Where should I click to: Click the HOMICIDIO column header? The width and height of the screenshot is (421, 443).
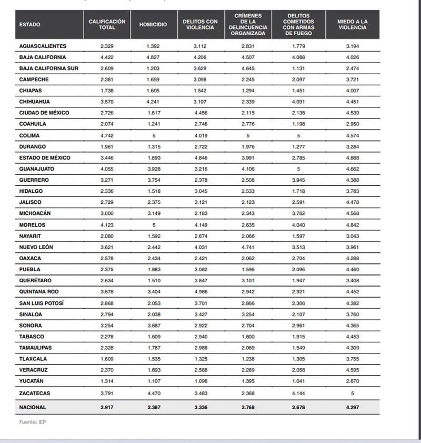point(153,25)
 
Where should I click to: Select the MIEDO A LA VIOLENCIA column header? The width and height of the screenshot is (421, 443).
point(352,25)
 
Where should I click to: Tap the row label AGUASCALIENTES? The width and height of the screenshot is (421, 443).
point(43,46)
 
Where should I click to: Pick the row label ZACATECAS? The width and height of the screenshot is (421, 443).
point(34,393)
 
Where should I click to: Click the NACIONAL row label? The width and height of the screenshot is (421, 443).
point(33,407)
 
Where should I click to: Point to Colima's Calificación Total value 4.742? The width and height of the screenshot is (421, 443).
point(107,135)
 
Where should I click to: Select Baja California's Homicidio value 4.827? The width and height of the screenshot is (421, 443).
point(153,57)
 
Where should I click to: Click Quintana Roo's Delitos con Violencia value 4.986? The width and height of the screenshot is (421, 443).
point(199,292)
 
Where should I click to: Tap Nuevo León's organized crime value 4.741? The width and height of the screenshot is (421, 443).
point(248,247)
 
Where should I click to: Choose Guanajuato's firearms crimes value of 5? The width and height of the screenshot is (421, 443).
point(299,169)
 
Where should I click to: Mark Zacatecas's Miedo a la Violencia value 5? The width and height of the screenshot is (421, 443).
point(352,393)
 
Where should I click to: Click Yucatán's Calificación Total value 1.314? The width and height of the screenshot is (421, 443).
point(107,381)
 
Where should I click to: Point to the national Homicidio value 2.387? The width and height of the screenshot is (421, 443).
point(153,407)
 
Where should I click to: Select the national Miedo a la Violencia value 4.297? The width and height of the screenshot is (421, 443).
point(352,407)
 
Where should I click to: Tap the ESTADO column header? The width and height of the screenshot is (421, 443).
point(29,25)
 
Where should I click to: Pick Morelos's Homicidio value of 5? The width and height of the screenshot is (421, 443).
point(153,225)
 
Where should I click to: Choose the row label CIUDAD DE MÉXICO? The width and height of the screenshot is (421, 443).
point(44,113)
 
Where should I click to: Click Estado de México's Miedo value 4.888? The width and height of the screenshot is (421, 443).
point(352,158)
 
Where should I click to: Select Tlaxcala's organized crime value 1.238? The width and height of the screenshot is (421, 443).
point(248,359)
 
